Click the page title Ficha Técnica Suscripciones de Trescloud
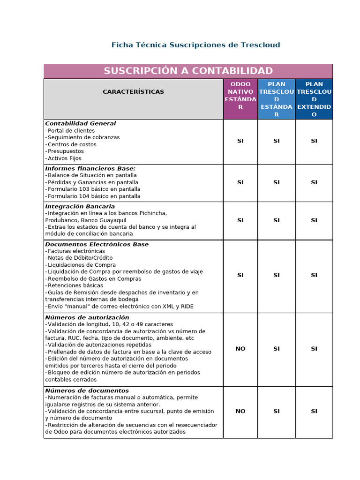point(195,45)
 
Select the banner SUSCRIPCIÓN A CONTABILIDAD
point(188,71)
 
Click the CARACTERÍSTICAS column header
point(133,92)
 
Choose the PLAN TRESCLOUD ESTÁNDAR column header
point(276,99)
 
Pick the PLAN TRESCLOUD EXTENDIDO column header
point(314,99)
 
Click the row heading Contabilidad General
point(81,124)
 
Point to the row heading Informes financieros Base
point(90,168)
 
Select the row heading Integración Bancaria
point(80,206)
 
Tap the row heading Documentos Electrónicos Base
point(97,244)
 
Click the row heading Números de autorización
point(87,317)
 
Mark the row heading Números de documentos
point(87,390)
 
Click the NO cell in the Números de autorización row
point(240,349)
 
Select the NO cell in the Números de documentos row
point(240,411)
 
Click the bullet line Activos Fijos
point(64,158)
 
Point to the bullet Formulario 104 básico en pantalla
point(94,196)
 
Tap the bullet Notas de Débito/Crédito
point(80,258)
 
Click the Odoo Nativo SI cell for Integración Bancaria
point(240,220)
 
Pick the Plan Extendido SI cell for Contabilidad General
point(314,141)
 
